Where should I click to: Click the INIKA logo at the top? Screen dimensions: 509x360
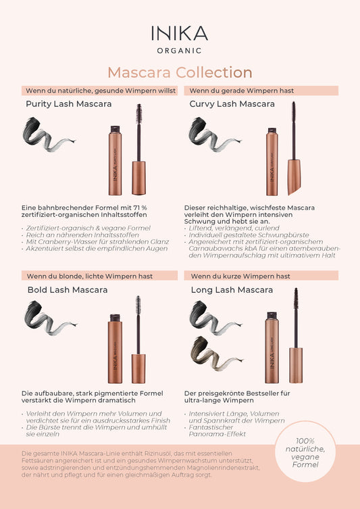pos(180,33)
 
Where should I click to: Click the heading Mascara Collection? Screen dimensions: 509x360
pos(180,72)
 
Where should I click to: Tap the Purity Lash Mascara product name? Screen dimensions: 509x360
pos(68,104)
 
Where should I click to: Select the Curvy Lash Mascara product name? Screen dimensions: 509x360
pos(232,104)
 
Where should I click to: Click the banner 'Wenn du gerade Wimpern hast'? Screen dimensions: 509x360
pos(242,90)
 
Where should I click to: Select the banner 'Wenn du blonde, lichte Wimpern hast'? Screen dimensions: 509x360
pos(89,276)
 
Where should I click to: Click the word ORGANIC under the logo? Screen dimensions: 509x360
pos(180,50)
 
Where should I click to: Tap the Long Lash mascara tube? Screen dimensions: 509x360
pos(272,346)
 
